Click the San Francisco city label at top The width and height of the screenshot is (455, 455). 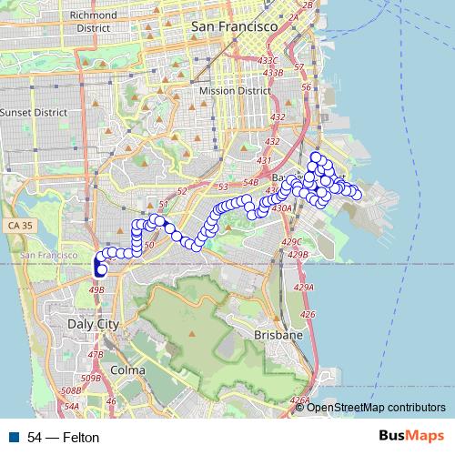click(234, 28)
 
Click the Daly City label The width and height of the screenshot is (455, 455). click(93, 323)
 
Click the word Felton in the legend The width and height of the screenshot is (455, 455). click(81, 438)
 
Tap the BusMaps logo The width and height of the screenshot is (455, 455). click(410, 437)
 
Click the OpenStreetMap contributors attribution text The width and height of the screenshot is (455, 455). click(376, 407)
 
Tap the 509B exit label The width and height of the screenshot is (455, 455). click(91, 378)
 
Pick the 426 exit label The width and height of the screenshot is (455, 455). click(308, 315)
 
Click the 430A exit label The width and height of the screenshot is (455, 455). click(280, 208)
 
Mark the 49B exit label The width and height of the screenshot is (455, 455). click(96, 289)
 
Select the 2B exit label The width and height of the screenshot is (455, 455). click(307, 5)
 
